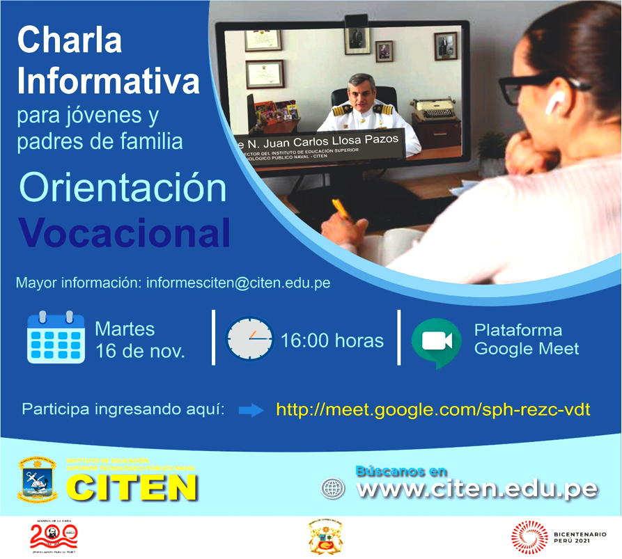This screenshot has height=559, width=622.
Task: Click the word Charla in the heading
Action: [x=70, y=41]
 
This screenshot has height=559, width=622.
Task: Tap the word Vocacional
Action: [x=124, y=233]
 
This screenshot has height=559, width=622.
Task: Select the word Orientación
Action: [x=123, y=190]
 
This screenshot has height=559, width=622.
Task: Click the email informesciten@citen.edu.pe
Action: [x=237, y=283]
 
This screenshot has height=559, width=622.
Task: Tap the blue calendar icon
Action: [x=55, y=338]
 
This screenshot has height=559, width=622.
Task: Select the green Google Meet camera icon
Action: [x=436, y=341]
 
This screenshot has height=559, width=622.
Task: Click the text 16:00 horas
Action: [x=332, y=340]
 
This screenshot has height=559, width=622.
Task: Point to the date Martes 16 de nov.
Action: [x=139, y=340]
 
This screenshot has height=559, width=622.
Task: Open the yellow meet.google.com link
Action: [x=433, y=409]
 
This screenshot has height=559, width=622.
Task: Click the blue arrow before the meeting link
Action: [x=251, y=410]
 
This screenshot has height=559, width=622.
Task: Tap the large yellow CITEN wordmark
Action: [x=132, y=487]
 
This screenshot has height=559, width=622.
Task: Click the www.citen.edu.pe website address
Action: [x=476, y=488]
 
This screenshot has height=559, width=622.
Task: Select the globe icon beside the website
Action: [x=333, y=488]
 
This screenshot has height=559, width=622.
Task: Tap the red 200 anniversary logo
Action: [x=54, y=536]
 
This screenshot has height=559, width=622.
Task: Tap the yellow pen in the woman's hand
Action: [x=343, y=210]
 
